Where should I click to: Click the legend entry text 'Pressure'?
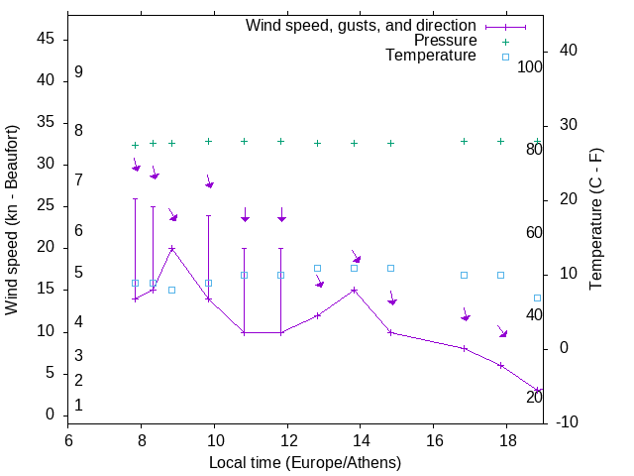445,41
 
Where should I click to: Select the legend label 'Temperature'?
431,56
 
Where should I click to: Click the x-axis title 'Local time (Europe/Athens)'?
305,462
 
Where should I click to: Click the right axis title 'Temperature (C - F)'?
595,220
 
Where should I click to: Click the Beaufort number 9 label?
78,72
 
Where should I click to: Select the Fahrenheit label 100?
530,66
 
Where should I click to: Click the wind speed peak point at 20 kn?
171,249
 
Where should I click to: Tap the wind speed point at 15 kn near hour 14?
354,291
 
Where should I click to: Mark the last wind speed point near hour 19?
537,390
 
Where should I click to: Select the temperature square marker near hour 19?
537,297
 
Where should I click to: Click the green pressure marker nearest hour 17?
464,141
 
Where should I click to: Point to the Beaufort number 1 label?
78,405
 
